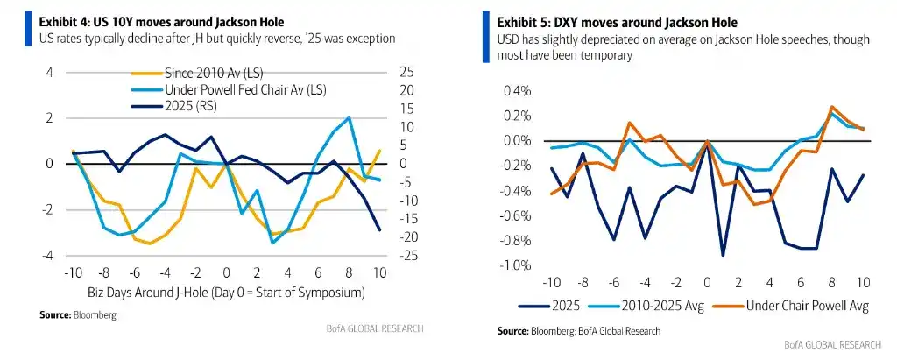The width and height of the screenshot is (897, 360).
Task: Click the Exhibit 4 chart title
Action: [161, 22]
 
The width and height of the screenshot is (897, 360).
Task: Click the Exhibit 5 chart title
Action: [617, 22]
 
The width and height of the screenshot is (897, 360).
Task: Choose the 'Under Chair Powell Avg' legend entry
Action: [792, 306]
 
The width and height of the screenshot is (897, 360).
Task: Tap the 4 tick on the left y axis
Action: [49, 73]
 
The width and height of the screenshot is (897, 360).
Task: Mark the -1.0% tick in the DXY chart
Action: [515, 265]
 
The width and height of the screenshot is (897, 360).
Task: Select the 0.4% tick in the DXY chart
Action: [517, 91]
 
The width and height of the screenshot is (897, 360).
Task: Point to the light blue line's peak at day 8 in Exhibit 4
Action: [349, 117]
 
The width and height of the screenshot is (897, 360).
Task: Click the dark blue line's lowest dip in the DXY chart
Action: [723, 255]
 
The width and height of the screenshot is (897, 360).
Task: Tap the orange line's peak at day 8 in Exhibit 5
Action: [831, 107]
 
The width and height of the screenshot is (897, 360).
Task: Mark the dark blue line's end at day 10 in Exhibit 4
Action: [379, 230]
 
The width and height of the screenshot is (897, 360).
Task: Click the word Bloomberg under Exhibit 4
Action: [93, 314]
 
